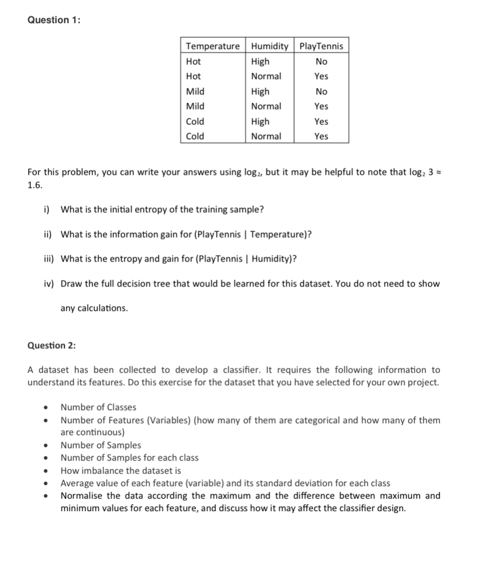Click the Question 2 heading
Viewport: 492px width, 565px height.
53,345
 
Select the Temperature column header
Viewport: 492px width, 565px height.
213,46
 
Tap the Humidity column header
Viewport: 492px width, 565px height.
269,46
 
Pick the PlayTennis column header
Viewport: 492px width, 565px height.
321,46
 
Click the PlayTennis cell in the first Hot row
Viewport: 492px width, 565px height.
321,61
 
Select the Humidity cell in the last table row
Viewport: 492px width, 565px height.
266,136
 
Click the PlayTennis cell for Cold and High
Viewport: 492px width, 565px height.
321,121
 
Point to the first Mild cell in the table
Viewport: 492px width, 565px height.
196,91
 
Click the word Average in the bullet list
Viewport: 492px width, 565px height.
77,483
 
